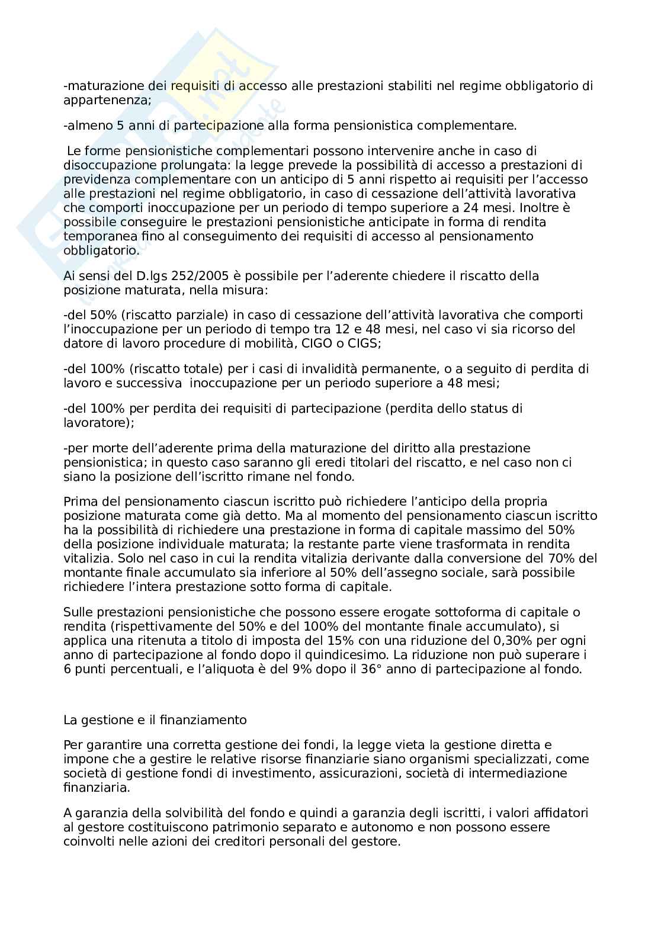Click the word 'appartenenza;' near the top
pos(107,100)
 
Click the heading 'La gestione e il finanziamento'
pos(155,720)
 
